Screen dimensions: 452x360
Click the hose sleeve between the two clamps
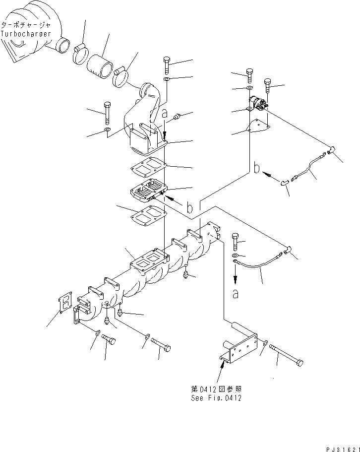101,65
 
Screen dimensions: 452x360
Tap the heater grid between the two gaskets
148,190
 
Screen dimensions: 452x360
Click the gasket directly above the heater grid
149,168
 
